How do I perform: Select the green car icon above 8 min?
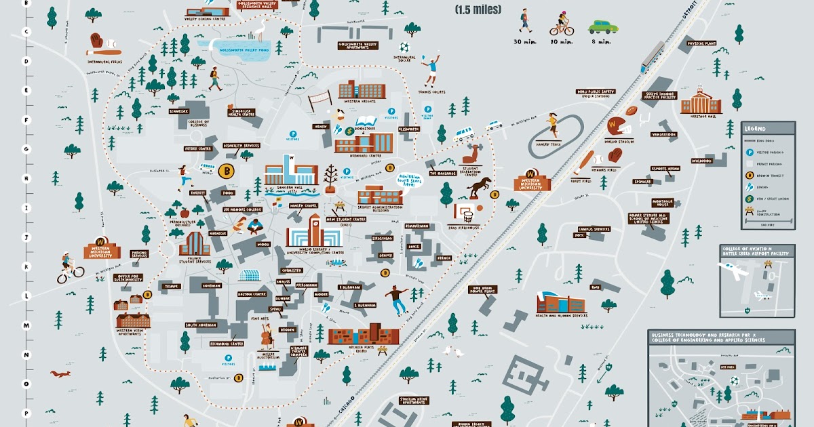[x=603, y=26]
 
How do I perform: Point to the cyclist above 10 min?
[x=562, y=24]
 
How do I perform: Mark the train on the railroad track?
[x=653, y=56]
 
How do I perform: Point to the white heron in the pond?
[x=258, y=30]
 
